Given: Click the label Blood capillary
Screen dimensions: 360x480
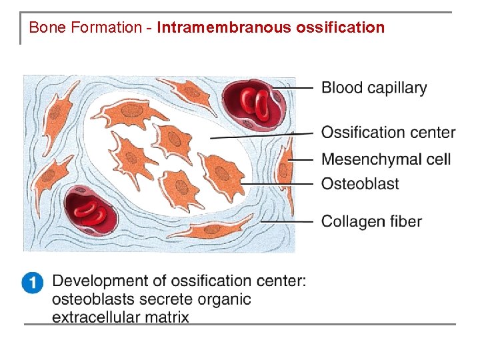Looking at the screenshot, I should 374,88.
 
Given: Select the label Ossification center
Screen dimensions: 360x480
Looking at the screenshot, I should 388,133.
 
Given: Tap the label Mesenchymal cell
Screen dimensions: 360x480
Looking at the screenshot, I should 386,159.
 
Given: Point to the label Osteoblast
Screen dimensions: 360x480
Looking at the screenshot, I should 360,183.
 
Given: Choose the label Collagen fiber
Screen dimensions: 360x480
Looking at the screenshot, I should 371,221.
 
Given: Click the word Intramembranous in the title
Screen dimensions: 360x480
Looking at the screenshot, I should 224,28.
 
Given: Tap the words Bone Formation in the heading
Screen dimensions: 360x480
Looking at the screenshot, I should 85,28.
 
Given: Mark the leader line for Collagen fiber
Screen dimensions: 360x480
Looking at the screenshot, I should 287,221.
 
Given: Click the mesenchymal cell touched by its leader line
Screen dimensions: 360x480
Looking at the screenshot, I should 285,162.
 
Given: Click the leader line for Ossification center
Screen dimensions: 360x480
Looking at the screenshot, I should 260,135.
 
